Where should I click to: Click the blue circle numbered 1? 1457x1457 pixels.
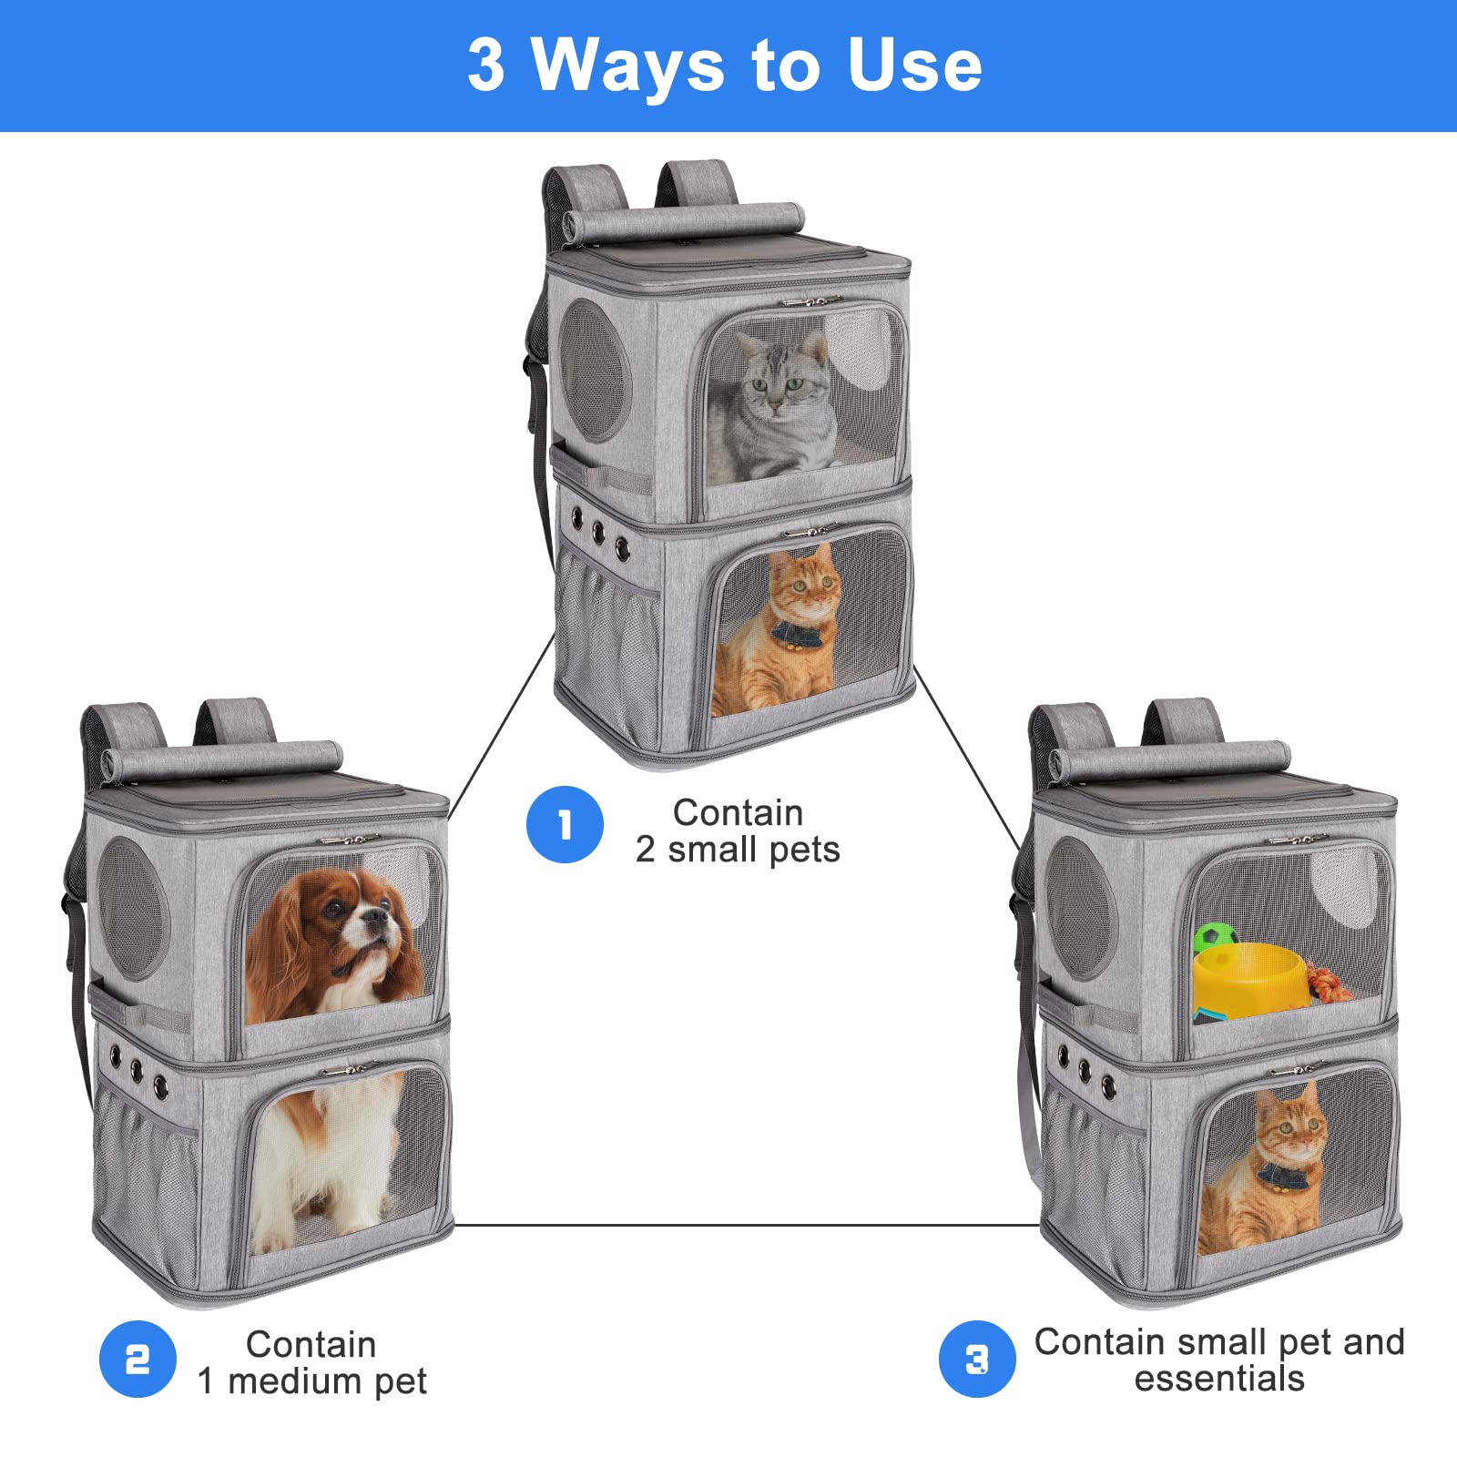(565, 825)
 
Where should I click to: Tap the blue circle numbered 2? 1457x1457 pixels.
(138, 1360)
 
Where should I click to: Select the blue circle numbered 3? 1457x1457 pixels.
(977, 1360)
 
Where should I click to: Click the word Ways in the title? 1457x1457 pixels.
(627, 66)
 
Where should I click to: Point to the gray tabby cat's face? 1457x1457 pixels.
(774, 382)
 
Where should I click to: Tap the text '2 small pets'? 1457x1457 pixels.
(738, 850)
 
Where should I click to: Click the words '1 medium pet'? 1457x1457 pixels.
(312, 1381)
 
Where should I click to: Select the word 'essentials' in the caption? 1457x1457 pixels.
(1219, 1379)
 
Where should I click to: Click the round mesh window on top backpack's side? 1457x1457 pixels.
(594, 372)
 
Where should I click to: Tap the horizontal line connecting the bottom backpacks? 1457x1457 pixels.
(747, 1226)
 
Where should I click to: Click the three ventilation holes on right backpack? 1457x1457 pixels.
(1085, 1070)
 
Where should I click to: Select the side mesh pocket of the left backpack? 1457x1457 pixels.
(146, 1184)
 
